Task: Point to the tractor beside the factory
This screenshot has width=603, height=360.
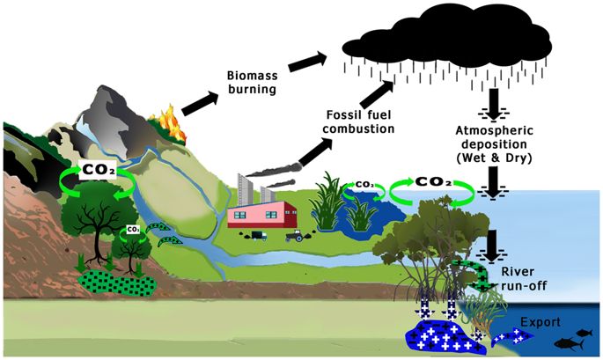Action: (x=294, y=235)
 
